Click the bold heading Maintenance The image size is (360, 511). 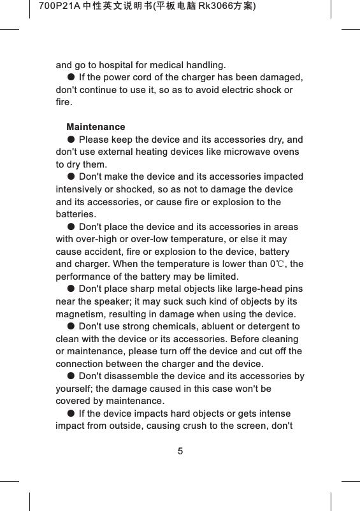click(x=96, y=127)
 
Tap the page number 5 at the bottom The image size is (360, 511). click(x=180, y=452)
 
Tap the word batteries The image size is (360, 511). click(x=76, y=215)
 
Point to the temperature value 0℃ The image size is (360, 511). click(x=278, y=264)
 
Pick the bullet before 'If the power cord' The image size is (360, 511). click(x=71, y=78)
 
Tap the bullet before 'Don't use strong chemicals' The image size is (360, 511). click(x=71, y=327)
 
